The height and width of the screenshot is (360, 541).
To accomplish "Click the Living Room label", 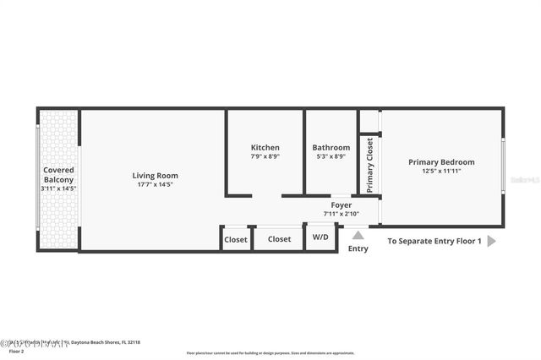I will [x=155, y=176].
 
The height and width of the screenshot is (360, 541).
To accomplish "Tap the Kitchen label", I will [x=265, y=147].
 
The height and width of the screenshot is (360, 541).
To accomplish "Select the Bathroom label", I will [x=331, y=147].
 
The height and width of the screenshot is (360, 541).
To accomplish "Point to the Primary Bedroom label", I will [x=441, y=162].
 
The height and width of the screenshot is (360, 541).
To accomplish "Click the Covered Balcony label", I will [x=58, y=175].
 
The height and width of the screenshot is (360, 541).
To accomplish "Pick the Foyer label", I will [x=341, y=205].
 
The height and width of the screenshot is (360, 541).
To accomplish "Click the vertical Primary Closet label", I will [x=369, y=165].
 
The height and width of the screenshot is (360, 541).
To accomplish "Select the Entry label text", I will [x=358, y=248].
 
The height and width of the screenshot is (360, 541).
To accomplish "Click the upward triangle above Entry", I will [x=358, y=235].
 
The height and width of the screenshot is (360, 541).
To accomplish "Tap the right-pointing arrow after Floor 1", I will [x=492, y=241].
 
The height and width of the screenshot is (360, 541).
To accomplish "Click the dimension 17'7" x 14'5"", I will [x=155, y=184].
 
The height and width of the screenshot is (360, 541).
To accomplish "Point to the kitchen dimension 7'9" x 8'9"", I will [x=265, y=156].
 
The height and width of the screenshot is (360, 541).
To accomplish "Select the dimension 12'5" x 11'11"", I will [x=441, y=171].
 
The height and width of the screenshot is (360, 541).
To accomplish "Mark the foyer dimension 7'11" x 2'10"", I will [x=341, y=213].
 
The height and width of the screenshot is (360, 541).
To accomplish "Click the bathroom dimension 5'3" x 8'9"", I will [x=331, y=156].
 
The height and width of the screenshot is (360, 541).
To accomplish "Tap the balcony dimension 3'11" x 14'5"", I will [x=58, y=188].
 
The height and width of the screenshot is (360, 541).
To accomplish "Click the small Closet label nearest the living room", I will [x=236, y=239].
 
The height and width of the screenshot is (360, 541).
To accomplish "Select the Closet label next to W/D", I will [x=279, y=239].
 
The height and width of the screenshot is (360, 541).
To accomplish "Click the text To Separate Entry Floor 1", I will [x=434, y=241].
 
